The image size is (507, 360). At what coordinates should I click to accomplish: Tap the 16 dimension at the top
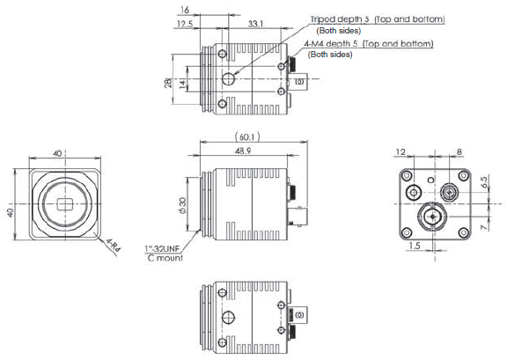pyautogui.click(x=183, y=10)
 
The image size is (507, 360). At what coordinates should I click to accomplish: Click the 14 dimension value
pyautogui.click(x=182, y=81)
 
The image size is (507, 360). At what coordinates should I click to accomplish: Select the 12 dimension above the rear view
pyautogui.click(x=400, y=152)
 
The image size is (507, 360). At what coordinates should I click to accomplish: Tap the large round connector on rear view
pyautogui.click(x=431, y=216)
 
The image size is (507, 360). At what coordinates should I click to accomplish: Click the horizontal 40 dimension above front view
pyautogui.click(x=58, y=155)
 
